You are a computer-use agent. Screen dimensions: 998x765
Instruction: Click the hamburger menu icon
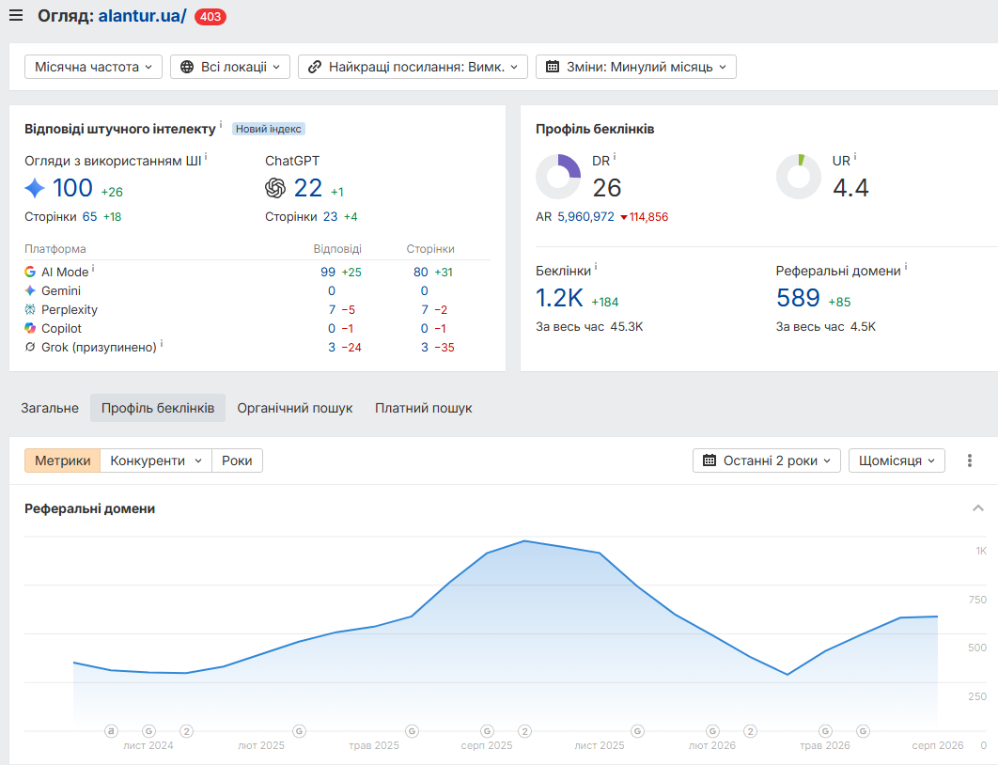[x=16, y=15]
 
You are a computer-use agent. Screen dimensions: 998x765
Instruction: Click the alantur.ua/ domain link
[x=142, y=16]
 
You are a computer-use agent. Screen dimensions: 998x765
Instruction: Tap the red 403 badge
[x=211, y=17]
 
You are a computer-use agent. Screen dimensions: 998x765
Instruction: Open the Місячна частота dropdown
[x=94, y=67]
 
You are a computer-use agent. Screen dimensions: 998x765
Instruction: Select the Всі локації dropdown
[x=230, y=67]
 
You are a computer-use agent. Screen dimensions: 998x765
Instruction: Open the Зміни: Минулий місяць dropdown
[x=636, y=67]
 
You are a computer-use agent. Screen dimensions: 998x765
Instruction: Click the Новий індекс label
[x=269, y=129]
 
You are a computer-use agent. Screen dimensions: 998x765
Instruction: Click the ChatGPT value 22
[x=308, y=188]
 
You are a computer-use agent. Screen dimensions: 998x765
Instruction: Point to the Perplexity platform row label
[x=70, y=310]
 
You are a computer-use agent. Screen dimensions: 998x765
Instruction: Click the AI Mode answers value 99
[x=328, y=273]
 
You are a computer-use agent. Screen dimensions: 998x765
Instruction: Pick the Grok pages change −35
[x=444, y=348]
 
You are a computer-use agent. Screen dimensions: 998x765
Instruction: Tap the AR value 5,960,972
[x=585, y=217]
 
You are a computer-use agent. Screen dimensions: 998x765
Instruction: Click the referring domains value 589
[x=798, y=298]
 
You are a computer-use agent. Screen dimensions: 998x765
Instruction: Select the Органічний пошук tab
[x=295, y=408]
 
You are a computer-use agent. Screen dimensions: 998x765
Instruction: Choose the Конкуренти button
[x=156, y=461]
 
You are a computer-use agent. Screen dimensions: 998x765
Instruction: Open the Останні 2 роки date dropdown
[x=766, y=461]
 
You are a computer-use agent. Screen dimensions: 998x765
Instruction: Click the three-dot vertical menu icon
[x=970, y=461]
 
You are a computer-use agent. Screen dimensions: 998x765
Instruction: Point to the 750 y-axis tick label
[x=977, y=600]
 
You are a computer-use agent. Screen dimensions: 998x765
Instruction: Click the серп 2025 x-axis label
[x=487, y=745]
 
